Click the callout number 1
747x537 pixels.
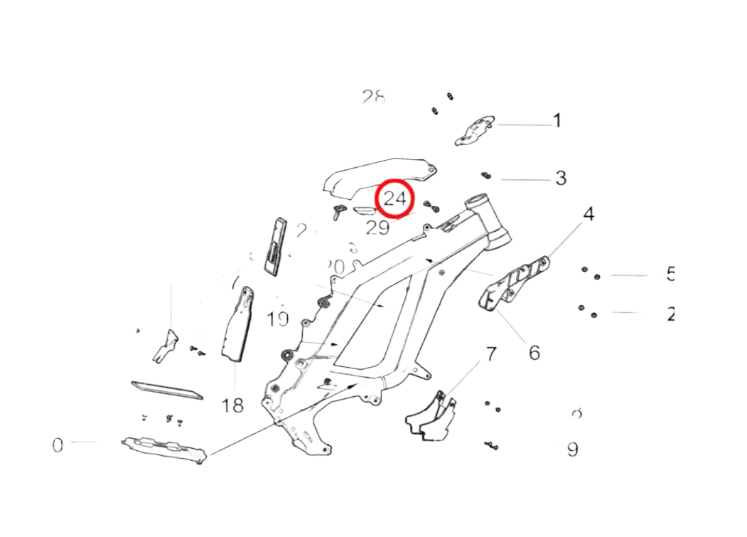557,121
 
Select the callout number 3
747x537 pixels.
561,177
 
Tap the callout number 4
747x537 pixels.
589,213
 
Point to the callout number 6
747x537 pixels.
534,351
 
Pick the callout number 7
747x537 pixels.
491,353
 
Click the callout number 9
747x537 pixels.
573,449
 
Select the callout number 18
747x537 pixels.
233,405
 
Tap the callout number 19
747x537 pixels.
278,318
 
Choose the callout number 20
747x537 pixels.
335,267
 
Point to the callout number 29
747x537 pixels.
377,228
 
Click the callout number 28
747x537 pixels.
373,97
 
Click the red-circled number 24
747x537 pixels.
394,198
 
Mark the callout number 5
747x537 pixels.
670,275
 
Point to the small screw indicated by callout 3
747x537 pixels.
487,174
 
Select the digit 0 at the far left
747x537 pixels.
58,445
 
